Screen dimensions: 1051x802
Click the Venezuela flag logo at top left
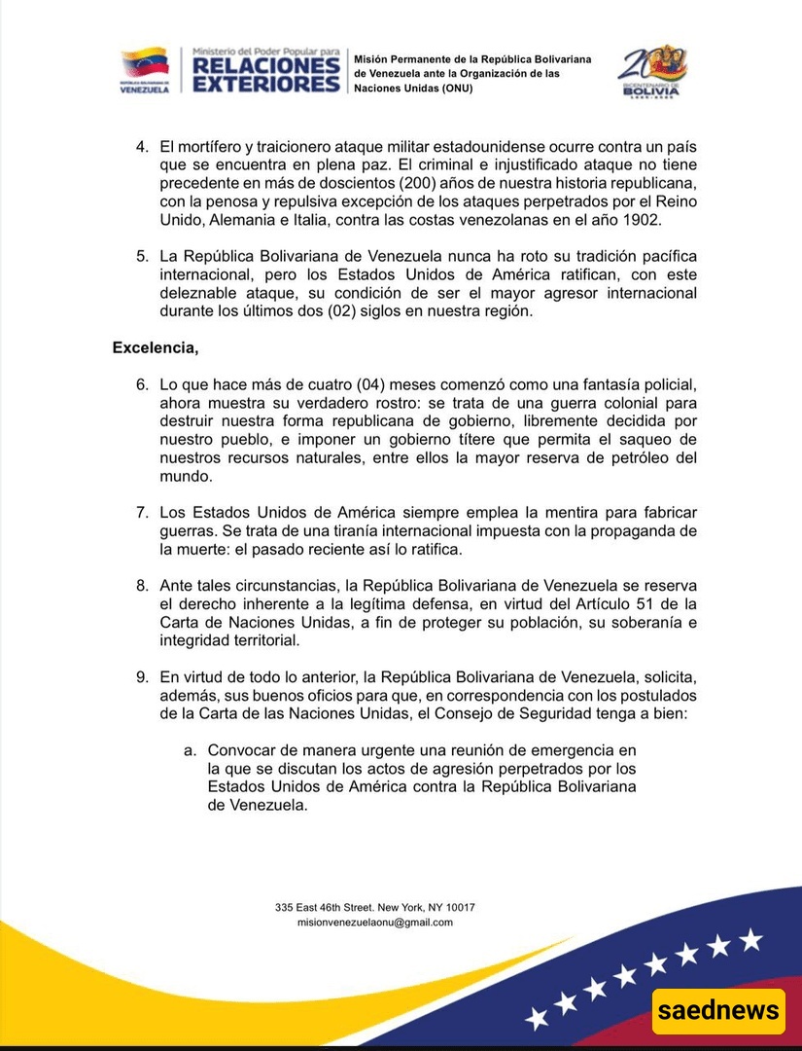[x=144, y=69]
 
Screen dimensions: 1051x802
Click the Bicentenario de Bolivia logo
[x=652, y=69]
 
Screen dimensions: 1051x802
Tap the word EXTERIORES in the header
[x=265, y=85]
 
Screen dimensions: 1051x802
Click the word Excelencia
[x=156, y=347]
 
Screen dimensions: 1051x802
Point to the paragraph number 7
[x=141, y=512]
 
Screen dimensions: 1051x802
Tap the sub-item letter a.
[x=190, y=750]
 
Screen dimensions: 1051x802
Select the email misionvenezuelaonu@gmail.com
[x=375, y=923]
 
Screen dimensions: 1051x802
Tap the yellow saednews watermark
[x=719, y=1010]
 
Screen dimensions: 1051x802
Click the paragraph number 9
[x=141, y=677]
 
